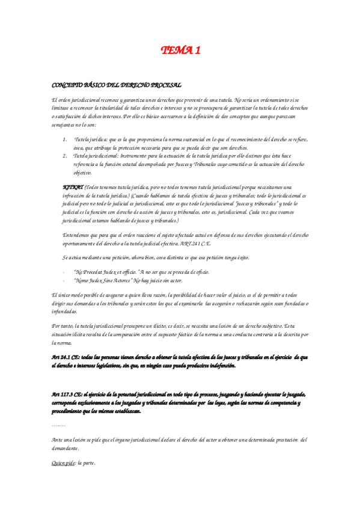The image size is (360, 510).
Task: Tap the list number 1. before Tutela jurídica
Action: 66,140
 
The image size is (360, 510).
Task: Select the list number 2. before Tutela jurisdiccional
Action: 66,156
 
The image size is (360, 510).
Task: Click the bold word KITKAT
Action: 73,187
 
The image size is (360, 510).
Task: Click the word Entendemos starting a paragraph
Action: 77,235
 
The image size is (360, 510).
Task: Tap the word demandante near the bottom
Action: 66,449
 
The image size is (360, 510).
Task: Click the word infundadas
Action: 65,312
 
